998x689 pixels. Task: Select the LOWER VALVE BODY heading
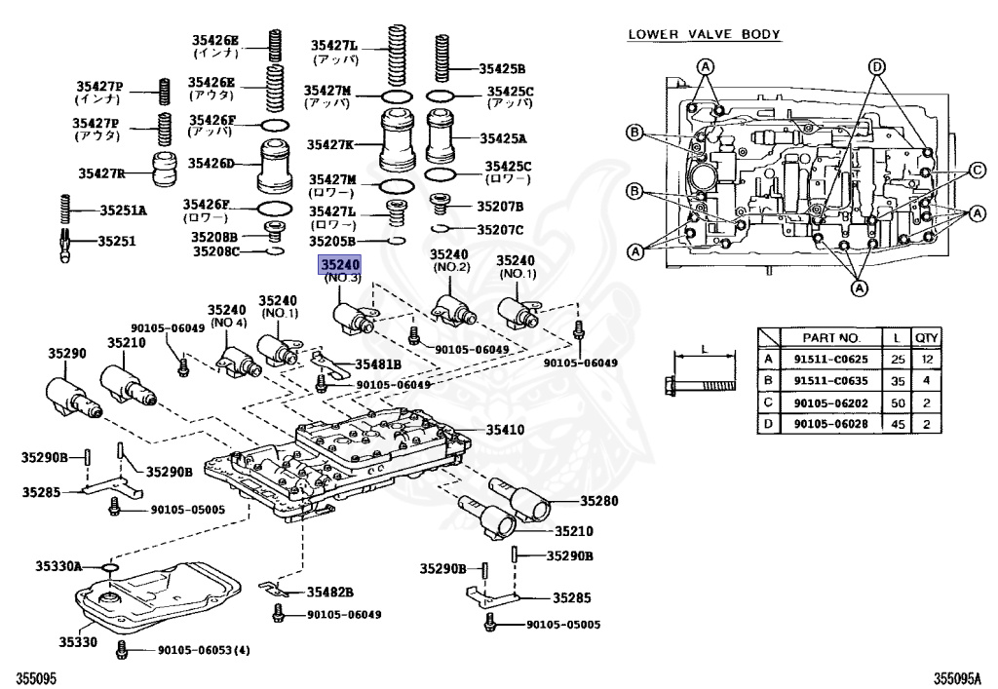click(704, 34)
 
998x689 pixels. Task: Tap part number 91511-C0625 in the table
click(829, 359)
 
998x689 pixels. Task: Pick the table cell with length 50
click(895, 402)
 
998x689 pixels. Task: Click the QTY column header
click(926, 337)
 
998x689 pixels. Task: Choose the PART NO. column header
click(830, 337)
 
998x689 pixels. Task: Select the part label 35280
click(599, 501)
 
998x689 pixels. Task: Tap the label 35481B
click(379, 364)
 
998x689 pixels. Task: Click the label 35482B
click(330, 592)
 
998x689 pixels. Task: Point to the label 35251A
click(124, 210)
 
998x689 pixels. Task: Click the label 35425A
click(506, 138)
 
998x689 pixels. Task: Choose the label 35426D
click(211, 163)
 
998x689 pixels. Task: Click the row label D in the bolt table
click(769, 424)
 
